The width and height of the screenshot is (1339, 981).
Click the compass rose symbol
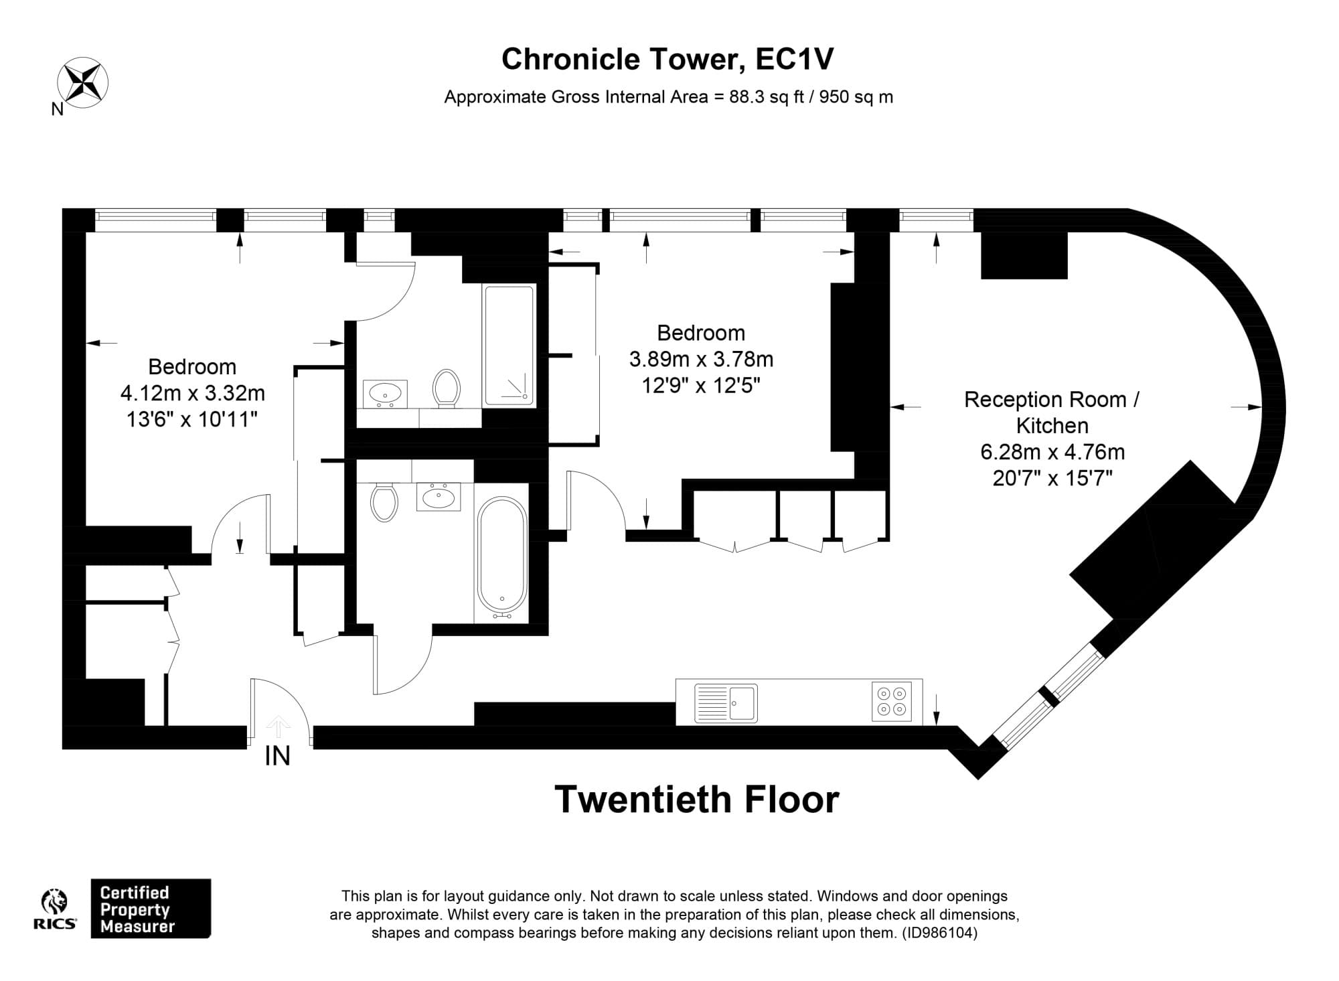pos(83,83)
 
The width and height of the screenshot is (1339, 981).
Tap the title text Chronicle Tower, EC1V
pos(667,59)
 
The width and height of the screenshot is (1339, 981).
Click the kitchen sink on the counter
pos(726,702)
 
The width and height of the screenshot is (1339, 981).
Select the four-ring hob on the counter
pos(892,702)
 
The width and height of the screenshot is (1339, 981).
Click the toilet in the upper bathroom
pos(446,388)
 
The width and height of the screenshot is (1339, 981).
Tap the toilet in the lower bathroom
pos(384,502)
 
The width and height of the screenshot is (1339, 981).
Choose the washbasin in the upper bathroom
pos(385,392)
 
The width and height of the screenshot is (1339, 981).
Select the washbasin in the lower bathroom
pos(439,496)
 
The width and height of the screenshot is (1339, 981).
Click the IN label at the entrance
pos(277,756)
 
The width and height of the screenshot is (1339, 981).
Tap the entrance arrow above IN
pos(278,726)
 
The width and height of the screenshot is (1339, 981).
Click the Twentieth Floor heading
pos(696,800)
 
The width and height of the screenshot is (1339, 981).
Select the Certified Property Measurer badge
pos(151,909)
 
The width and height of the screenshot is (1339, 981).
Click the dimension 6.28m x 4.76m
pos(1052,452)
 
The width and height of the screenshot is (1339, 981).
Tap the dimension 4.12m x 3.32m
pos(192,393)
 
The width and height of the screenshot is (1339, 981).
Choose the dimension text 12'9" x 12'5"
pos(700,386)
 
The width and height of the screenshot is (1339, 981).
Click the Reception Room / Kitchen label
pos(1052,412)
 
